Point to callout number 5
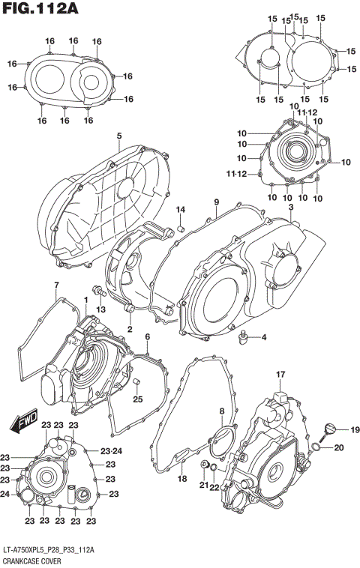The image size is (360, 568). coord(118,136)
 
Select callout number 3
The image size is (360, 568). coord(290,207)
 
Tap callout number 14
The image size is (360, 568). coord(180,208)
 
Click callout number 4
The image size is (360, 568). coord(263,338)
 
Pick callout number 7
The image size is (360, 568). coord(56,285)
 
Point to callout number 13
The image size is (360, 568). coord(100,310)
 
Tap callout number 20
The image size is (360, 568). coord(338,447)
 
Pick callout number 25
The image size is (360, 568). coord(137,399)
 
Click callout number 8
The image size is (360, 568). coord(222,411)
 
